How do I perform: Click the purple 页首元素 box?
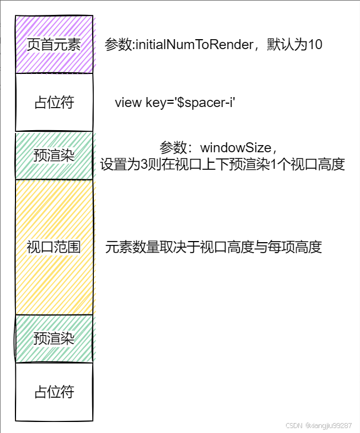pos(54,45)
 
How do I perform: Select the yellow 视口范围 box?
pos(54,247)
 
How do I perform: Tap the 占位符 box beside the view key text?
pos(54,103)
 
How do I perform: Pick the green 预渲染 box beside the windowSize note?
pos(54,156)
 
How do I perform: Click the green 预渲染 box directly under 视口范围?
pos(54,338)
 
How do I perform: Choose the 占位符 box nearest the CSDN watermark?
pos(54,392)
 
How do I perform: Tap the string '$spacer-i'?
pos(206,103)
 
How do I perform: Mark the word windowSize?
pos(236,148)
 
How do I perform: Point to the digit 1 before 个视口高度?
pos(282,164)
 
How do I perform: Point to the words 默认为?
pos(287,45)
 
